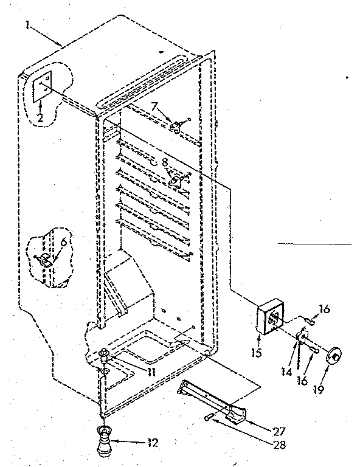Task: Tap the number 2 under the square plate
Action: (40, 118)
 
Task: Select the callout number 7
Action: (156, 107)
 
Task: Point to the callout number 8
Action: (164, 162)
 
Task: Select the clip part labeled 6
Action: (46, 259)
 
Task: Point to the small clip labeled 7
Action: (177, 126)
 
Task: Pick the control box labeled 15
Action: (269, 319)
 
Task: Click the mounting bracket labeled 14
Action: (303, 336)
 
